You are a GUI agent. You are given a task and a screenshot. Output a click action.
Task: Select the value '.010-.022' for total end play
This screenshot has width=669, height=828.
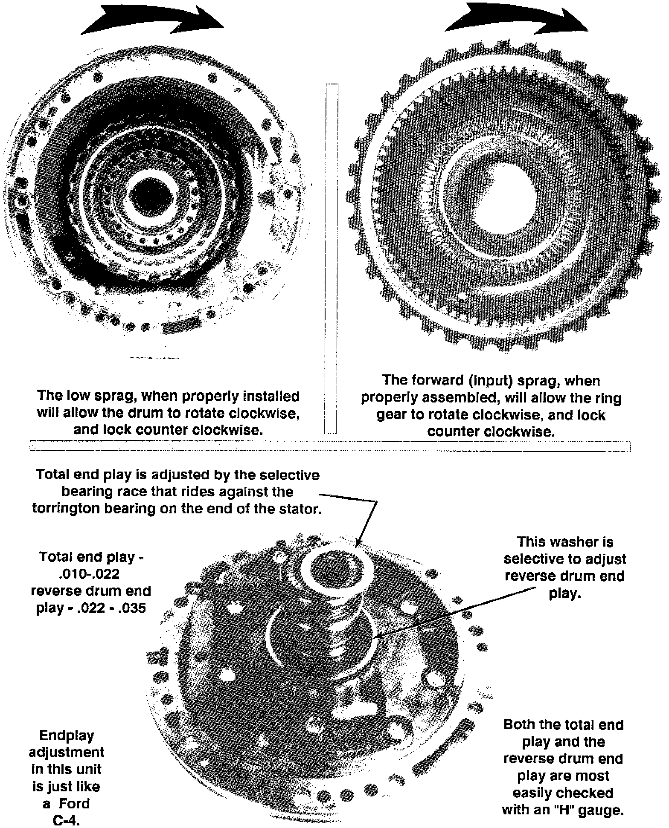click(x=88, y=574)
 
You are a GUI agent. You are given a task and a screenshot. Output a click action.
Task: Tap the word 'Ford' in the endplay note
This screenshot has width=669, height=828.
click(x=74, y=804)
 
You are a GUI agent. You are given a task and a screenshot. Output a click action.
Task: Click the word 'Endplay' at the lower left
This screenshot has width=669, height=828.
click(x=67, y=735)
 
